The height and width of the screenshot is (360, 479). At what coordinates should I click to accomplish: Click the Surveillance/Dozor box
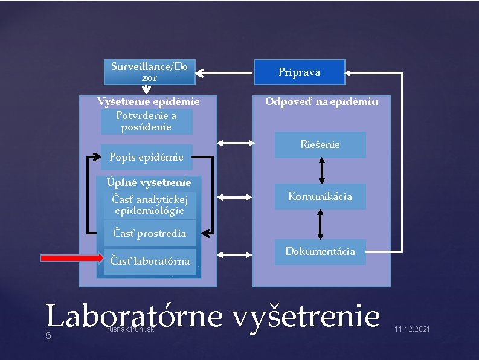click(149, 71)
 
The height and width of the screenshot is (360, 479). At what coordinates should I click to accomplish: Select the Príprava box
click(299, 72)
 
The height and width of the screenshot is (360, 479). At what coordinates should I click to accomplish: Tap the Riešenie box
click(320, 145)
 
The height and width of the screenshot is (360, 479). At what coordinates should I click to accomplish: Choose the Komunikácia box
click(320, 196)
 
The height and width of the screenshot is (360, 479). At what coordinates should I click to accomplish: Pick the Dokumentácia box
click(320, 251)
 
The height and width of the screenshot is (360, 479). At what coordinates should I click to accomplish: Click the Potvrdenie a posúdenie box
click(146, 121)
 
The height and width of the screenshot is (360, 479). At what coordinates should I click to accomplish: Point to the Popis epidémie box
click(146, 158)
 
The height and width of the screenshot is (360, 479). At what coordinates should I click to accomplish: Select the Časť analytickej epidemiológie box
click(149, 205)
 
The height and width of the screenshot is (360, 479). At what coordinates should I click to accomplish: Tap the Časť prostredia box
click(149, 233)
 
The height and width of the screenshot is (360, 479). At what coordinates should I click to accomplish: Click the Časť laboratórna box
click(149, 262)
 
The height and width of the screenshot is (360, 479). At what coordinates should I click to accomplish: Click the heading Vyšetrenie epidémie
click(149, 101)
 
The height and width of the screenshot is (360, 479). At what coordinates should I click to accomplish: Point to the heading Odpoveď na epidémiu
click(321, 101)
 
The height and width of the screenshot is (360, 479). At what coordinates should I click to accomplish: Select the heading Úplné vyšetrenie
click(149, 182)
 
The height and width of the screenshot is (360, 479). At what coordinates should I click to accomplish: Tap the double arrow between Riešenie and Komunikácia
click(321, 171)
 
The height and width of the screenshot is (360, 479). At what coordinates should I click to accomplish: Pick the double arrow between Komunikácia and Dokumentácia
click(320, 224)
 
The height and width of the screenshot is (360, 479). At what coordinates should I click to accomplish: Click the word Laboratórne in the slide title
click(133, 316)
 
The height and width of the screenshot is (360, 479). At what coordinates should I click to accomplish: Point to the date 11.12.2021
click(412, 329)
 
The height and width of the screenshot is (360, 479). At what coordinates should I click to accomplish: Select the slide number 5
click(48, 336)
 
